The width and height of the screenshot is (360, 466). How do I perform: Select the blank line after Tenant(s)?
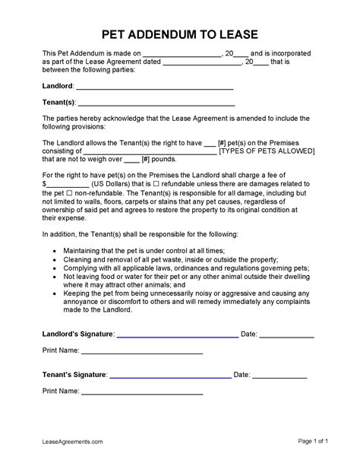[156, 104]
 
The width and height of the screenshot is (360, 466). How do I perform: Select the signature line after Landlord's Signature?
[177, 335]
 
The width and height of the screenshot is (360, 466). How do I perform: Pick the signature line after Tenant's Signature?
[170, 376]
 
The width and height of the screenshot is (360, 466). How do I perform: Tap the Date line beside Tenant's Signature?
[279, 376]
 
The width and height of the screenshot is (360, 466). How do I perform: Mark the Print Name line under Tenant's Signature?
[142, 394]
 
